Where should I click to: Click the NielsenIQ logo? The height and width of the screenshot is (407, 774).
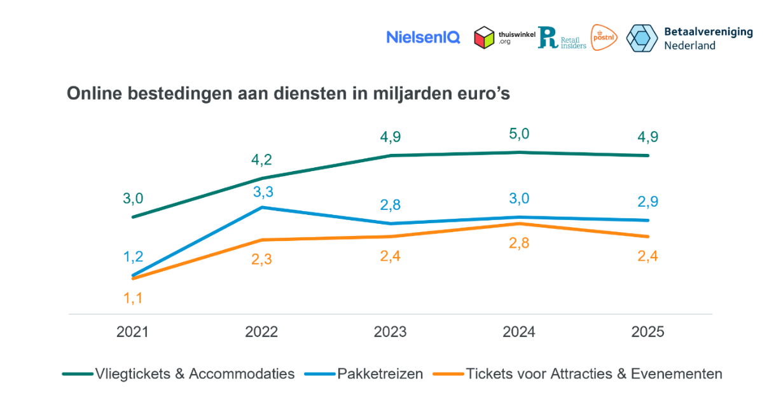pyautogui.click(x=423, y=38)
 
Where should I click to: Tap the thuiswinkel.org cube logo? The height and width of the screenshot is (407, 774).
pyautogui.click(x=485, y=38)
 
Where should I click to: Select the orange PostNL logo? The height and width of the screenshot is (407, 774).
pyautogui.click(x=604, y=38)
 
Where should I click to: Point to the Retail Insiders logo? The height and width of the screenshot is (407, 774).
pyautogui.click(x=562, y=38)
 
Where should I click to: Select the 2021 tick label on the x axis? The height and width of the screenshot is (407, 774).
pyautogui.click(x=132, y=332)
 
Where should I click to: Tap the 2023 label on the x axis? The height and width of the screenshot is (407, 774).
pyautogui.click(x=390, y=332)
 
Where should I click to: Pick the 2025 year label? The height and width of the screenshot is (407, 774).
pyautogui.click(x=647, y=332)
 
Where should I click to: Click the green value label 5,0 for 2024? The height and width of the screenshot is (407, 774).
pyautogui.click(x=519, y=134)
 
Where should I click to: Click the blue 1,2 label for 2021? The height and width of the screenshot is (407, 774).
pyautogui.click(x=133, y=257)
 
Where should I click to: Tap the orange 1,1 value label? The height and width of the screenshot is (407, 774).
pyautogui.click(x=133, y=298)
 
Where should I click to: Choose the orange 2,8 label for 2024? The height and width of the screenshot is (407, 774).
pyautogui.click(x=519, y=242)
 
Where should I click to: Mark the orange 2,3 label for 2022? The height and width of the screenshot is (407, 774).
pyautogui.click(x=261, y=259)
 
